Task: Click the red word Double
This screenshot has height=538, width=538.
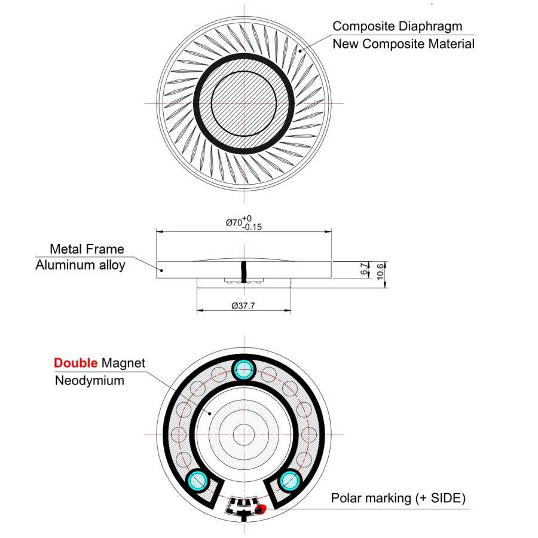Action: (75, 363)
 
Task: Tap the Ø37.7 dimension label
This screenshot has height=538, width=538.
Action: (243, 305)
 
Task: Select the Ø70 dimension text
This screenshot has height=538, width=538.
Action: (244, 223)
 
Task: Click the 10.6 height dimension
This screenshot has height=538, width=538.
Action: (380, 272)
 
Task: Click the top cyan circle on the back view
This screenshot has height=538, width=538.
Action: (244, 370)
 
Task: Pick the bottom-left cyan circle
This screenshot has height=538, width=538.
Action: (197, 481)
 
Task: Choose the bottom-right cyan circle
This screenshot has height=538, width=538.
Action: (290, 481)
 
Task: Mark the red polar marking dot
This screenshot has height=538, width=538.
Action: (261, 509)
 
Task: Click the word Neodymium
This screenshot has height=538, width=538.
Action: (90, 381)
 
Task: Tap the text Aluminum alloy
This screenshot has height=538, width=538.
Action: (80, 265)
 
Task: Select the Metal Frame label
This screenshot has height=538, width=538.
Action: (87, 249)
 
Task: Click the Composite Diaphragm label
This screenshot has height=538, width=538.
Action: (398, 26)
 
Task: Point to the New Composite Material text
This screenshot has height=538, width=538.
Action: (403, 44)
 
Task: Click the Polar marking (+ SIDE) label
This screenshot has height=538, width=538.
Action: (398, 498)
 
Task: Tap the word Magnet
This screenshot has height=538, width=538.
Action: (123, 363)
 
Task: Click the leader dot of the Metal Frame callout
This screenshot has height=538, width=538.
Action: (162, 270)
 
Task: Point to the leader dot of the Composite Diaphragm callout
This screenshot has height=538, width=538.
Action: (300, 51)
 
